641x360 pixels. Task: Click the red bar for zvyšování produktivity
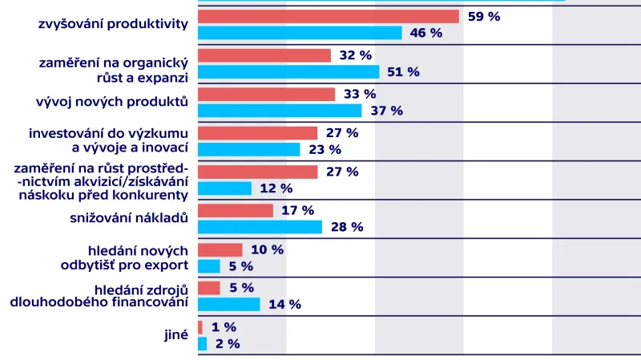coord(328,16)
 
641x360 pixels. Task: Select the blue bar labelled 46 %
coord(299,33)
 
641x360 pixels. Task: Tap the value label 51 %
coord(403,71)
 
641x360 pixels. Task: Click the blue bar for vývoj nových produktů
coord(280,111)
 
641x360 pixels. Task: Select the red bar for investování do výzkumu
coord(257,133)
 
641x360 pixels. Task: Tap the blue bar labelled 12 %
coord(224,188)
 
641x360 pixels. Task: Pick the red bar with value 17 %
coord(236,210)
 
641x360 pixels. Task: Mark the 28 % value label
coord(346,227)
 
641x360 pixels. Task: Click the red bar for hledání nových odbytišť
coord(220,249)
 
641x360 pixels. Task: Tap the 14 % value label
coord(284,304)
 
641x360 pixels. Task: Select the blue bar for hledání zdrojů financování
coord(228,304)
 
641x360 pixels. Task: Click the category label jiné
coord(175,335)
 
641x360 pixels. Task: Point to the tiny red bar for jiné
coord(200,327)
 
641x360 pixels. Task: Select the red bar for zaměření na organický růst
coord(264,55)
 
